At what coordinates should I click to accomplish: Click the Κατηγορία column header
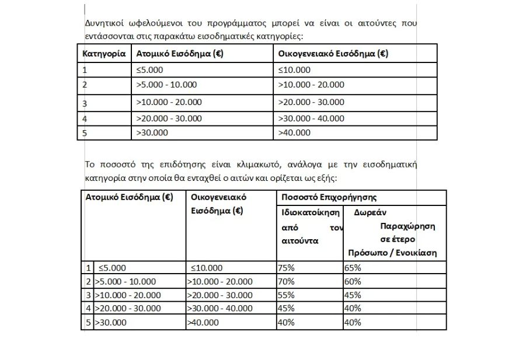104,54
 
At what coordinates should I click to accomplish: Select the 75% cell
287,268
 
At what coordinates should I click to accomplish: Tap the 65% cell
353,268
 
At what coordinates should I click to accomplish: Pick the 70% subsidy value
287,281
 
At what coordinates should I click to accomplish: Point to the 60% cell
353,281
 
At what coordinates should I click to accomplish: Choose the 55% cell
287,295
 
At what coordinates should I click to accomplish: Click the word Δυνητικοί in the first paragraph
103,24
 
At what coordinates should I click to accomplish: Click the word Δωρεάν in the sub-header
370,213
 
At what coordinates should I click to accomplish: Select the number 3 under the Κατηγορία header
85,104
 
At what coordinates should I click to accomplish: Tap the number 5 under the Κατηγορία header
85,132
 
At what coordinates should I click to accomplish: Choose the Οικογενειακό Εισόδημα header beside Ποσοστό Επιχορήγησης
219,204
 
